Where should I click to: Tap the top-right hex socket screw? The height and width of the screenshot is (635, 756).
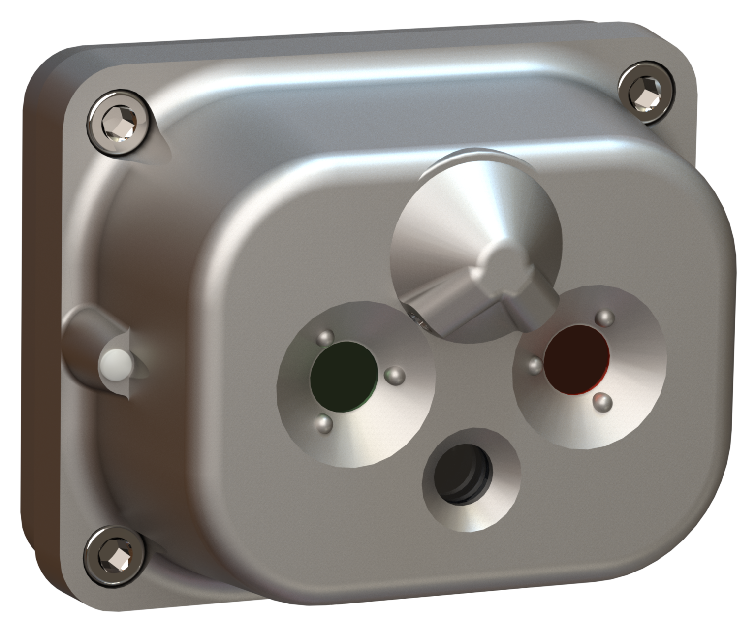click(x=645, y=93)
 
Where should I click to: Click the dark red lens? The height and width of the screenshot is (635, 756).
click(x=577, y=359)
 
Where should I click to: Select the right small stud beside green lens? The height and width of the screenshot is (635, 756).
click(x=394, y=376)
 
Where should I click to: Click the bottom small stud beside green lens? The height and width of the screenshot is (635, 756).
click(x=323, y=422)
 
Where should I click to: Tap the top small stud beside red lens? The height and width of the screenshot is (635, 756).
click(x=604, y=317)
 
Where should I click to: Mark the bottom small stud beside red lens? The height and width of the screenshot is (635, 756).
click(x=602, y=402)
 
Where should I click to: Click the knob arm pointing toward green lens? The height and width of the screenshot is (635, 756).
click(x=443, y=308)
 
